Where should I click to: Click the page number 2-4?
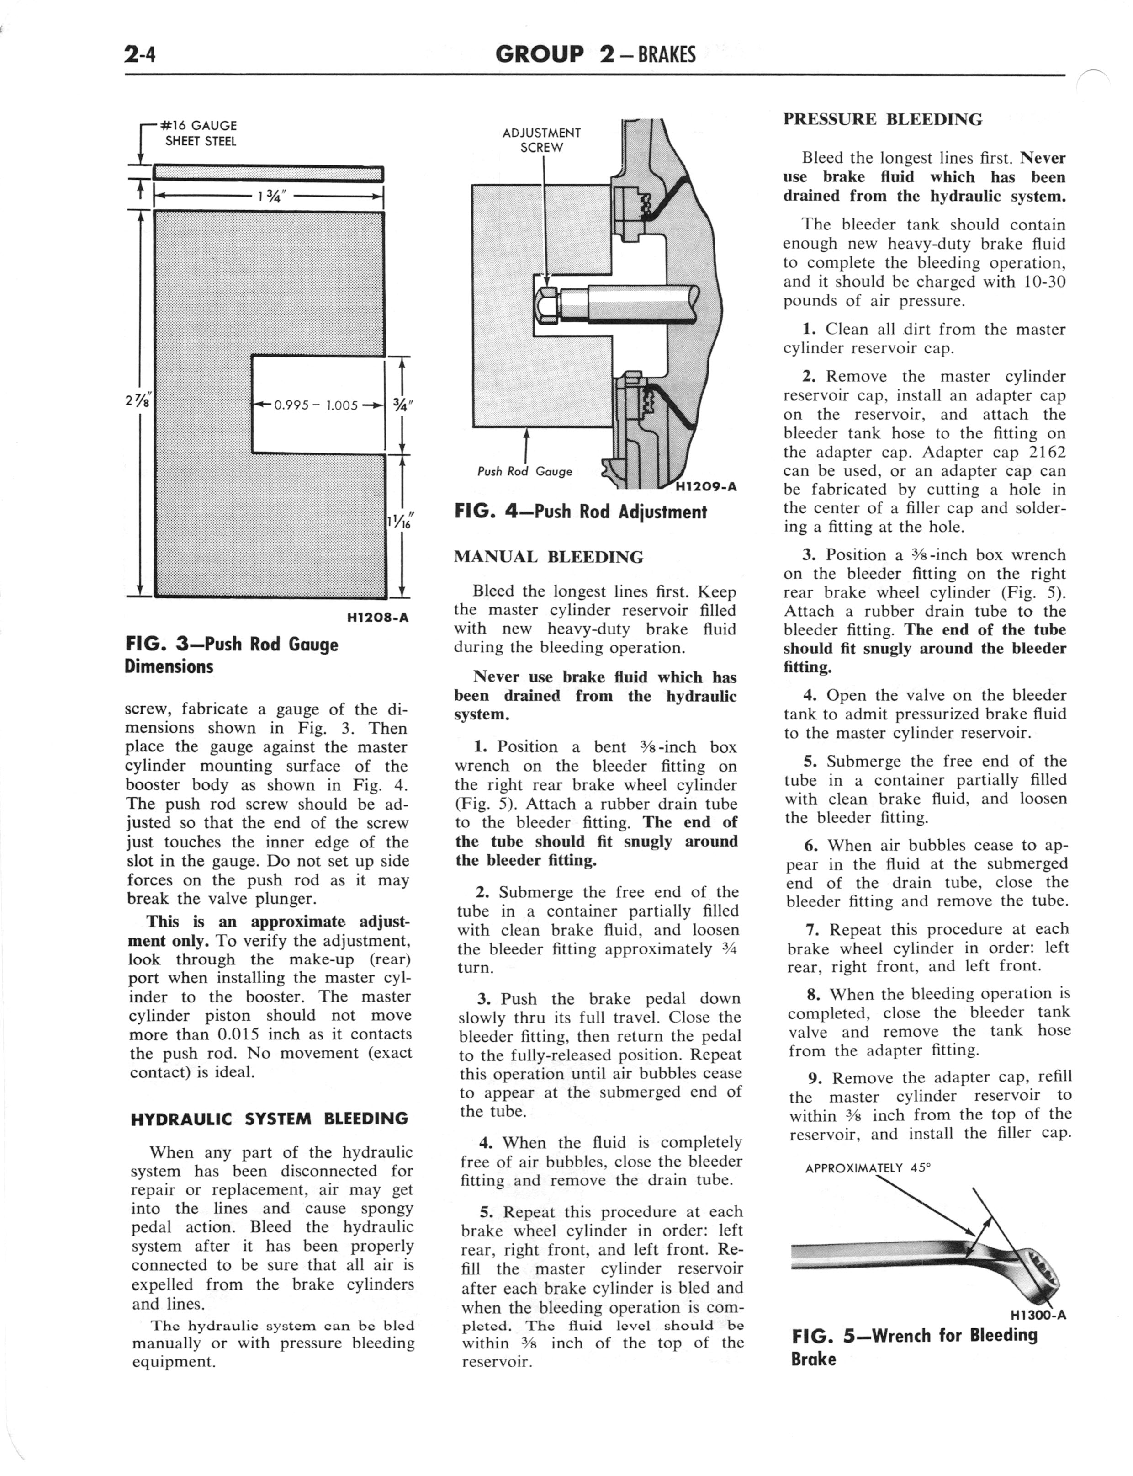coord(140,54)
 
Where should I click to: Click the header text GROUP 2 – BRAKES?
coord(595,54)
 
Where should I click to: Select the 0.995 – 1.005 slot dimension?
coord(316,405)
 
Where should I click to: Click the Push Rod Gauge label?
coord(524,472)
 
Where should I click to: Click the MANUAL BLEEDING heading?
coord(548,557)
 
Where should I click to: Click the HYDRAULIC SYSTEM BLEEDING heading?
coord(269,1119)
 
